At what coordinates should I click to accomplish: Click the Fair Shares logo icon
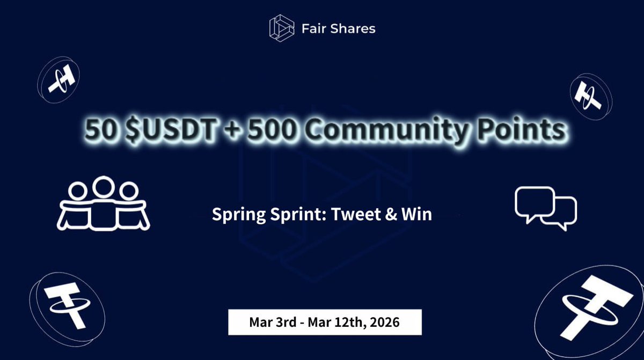point(282,27)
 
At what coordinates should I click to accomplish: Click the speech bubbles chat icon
point(545,208)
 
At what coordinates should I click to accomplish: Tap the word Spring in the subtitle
point(235,215)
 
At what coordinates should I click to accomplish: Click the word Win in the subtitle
point(418,215)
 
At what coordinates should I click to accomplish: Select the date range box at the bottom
point(325,322)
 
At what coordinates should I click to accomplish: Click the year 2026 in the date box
point(384,322)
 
